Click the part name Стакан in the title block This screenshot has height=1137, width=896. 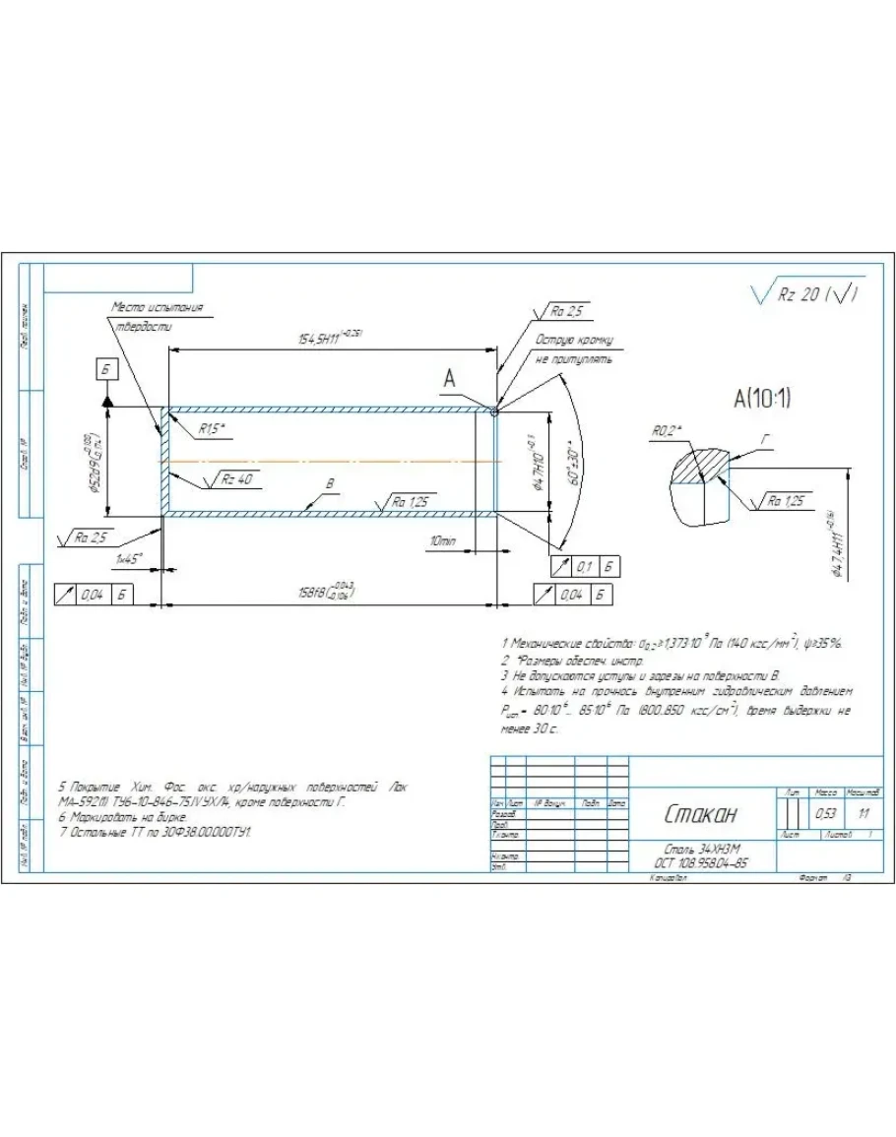pyautogui.click(x=700, y=814)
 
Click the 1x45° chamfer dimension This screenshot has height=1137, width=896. pyautogui.click(x=129, y=558)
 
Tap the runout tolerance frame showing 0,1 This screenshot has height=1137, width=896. pyautogui.click(x=583, y=566)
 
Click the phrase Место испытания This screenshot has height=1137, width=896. pyautogui.click(x=158, y=308)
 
